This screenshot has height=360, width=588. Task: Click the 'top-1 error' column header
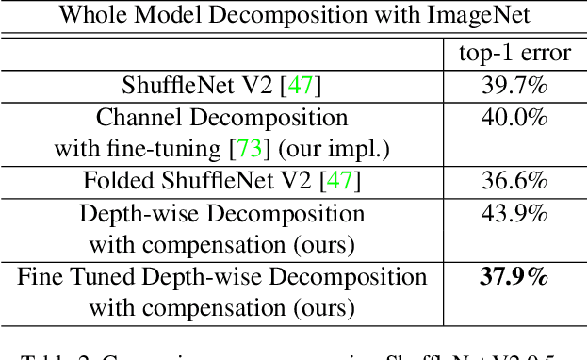pyautogui.click(x=508, y=53)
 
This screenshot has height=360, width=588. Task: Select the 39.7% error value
pyautogui.click(x=508, y=86)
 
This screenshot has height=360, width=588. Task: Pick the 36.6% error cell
pyautogui.click(x=508, y=181)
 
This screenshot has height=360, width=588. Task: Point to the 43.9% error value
pyautogui.click(x=508, y=214)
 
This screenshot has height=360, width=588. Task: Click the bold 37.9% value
pyautogui.click(x=508, y=277)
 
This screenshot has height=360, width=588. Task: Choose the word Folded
pyautogui.click(x=114, y=181)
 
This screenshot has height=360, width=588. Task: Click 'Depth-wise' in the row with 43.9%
pyautogui.click(x=131, y=214)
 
